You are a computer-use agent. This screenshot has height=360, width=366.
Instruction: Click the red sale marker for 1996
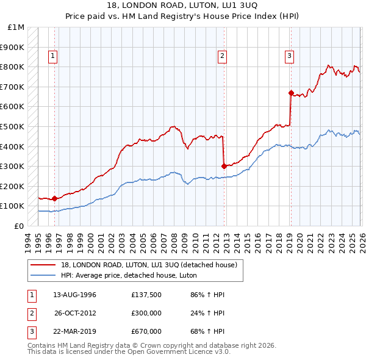coord(54,198)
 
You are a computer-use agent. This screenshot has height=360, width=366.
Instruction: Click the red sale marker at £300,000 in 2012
coord(224,166)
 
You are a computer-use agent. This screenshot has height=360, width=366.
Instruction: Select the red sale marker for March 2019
coord(290,93)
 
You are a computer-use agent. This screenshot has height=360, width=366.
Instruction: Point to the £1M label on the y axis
coord(16,27)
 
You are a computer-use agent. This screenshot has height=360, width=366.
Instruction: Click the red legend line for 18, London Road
coord(43,265)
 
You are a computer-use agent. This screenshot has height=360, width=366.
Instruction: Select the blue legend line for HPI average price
coord(43,275)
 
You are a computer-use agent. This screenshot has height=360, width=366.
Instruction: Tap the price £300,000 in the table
coord(146,313)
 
